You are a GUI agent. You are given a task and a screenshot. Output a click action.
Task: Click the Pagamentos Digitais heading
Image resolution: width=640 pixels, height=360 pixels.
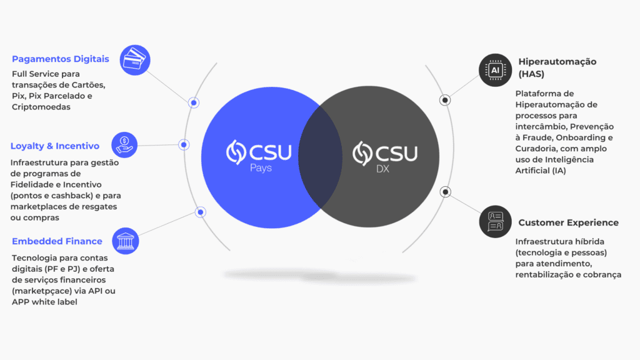coord(61,59)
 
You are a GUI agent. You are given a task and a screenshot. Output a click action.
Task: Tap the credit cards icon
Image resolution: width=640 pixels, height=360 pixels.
coord(135,61)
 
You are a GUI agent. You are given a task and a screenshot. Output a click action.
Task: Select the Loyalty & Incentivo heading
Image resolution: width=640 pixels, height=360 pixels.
coord(55,146)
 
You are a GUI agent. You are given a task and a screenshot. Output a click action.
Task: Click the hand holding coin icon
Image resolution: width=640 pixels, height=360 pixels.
coord(124,144)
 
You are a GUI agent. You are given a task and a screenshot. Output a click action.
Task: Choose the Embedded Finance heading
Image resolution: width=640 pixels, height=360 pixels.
coord(57,241)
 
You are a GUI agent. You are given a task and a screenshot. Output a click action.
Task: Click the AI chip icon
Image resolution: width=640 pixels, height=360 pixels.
coord(495,71)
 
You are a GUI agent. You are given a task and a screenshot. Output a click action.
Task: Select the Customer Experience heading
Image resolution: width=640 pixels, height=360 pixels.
coord(568,222)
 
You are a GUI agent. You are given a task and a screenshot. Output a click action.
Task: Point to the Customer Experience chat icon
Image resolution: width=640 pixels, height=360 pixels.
coord(495,222)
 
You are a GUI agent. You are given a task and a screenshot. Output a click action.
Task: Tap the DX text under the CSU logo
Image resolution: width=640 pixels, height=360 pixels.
coord(382,168)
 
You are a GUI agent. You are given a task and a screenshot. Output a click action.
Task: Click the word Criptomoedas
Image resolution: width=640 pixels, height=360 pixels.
coord(41,107)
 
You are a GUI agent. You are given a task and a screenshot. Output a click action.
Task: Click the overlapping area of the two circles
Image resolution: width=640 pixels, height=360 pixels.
coord(321,156)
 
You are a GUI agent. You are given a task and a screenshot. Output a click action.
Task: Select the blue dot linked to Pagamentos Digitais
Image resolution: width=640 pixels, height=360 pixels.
coord(194,102)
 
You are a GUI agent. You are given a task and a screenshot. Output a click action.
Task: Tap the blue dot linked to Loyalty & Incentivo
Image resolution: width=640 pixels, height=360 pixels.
coord(184,145)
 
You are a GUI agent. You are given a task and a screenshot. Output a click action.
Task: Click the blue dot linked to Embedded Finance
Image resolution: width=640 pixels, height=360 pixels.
coord(201,212)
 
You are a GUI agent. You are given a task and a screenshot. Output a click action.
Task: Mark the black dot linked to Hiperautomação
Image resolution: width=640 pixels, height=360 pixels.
coord(445,99)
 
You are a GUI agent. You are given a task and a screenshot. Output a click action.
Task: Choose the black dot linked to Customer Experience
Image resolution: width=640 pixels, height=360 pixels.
coord(445,192)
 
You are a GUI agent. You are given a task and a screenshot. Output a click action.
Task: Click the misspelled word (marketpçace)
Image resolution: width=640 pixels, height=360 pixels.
coord(37,291)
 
